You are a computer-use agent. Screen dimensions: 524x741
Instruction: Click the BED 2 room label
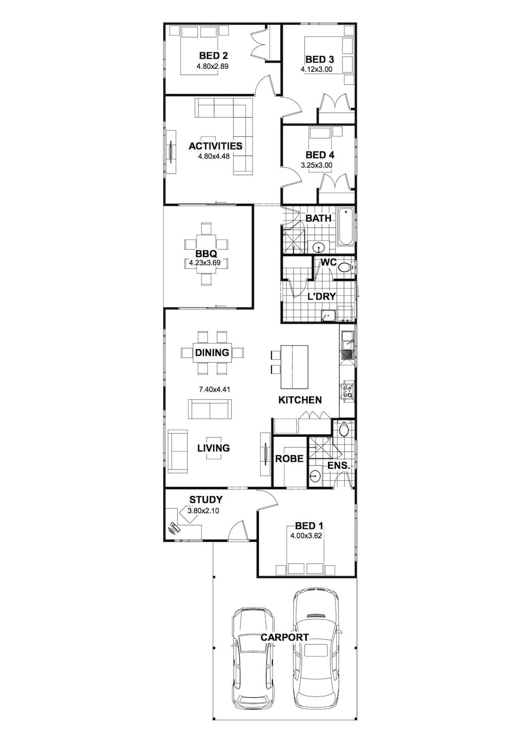pyautogui.click(x=213, y=55)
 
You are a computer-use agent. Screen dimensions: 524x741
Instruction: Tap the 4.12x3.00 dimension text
pyautogui.click(x=316, y=69)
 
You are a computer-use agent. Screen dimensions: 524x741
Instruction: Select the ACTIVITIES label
pyautogui.click(x=215, y=146)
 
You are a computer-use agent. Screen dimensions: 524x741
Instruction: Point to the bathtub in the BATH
pyautogui.click(x=345, y=226)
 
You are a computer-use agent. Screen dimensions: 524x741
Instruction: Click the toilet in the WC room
pyautogui.click(x=345, y=267)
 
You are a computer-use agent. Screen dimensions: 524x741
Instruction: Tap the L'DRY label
pyautogui.click(x=322, y=296)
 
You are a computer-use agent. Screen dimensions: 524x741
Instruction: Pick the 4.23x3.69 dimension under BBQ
pyautogui.click(x=205, y=264)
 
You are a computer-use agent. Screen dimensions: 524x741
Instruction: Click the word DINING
pyautogui.click(x=212, y=352)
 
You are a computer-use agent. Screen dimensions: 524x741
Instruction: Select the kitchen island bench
pyautogui.click(x=294, y=367)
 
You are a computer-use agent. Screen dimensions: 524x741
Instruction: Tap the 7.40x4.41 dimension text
pyautogui.click(x=214, y=389)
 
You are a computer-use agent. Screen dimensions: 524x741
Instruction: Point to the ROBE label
pyautogui.click(x=289, y=459)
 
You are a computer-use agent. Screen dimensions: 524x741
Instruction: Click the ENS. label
pyautogui.click(x=339, y=466)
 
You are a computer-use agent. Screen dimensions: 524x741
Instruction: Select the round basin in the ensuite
pyautogui.click(x=315, y=476)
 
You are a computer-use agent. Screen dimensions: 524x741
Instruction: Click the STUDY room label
pyautogui.click(x=206, y=500)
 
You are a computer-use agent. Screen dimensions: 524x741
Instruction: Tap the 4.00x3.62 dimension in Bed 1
pyautogui.click(x=306, y=536)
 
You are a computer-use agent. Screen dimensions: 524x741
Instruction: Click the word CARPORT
pyautogui.click(x=284, y=637)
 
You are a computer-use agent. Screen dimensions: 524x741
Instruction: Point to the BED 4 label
pyautogui.click(x=320, y=155)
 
